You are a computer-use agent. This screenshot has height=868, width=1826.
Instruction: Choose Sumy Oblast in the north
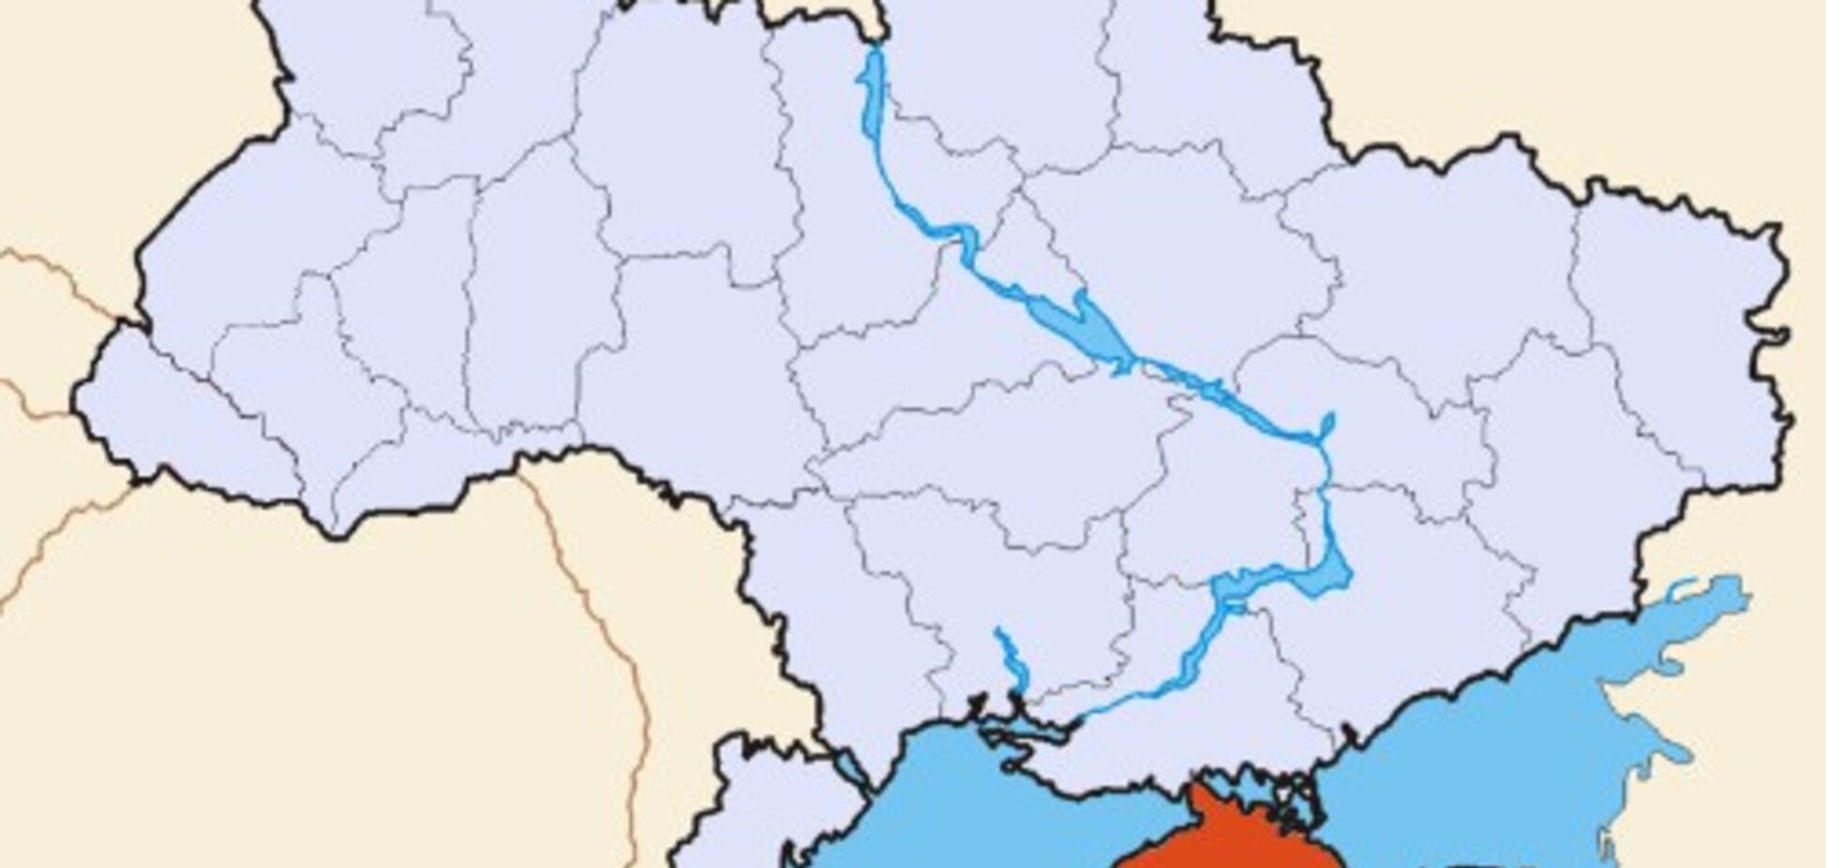(1202, 85)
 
